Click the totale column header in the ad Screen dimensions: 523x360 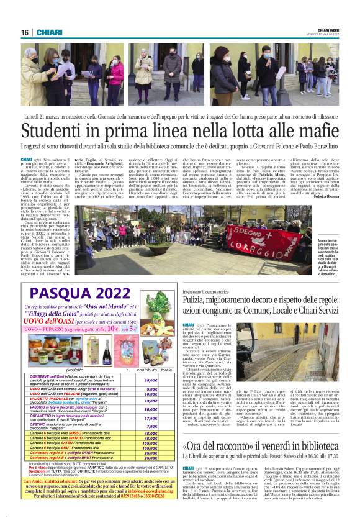pos(166,370)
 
